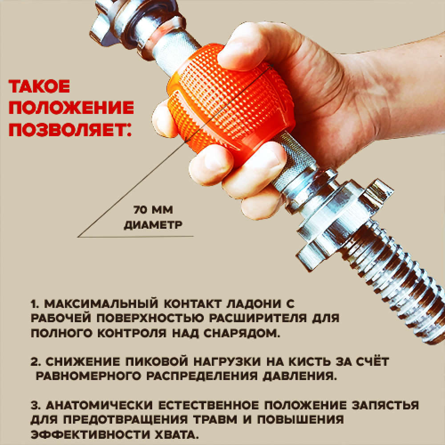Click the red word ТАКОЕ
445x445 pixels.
click(x=39, y=86)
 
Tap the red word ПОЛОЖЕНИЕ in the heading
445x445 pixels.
click(x=71, y=108)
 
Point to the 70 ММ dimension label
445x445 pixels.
click(x=153, y=210)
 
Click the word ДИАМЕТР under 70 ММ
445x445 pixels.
click(x=153, y=225)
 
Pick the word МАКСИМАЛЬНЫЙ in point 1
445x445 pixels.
click(x=101, y=303)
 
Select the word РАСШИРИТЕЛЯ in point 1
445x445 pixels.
click(x=258, y=318)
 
